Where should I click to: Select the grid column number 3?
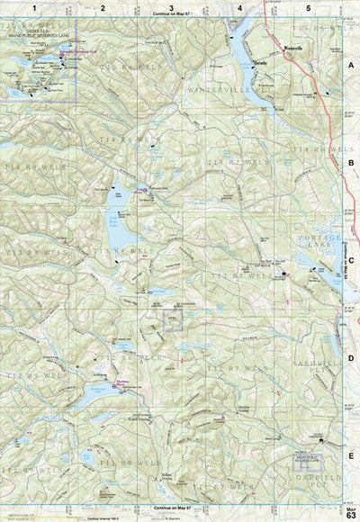tap(171, 7)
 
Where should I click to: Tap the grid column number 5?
tap(308, 7)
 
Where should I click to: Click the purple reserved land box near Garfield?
tap(296, 457)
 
